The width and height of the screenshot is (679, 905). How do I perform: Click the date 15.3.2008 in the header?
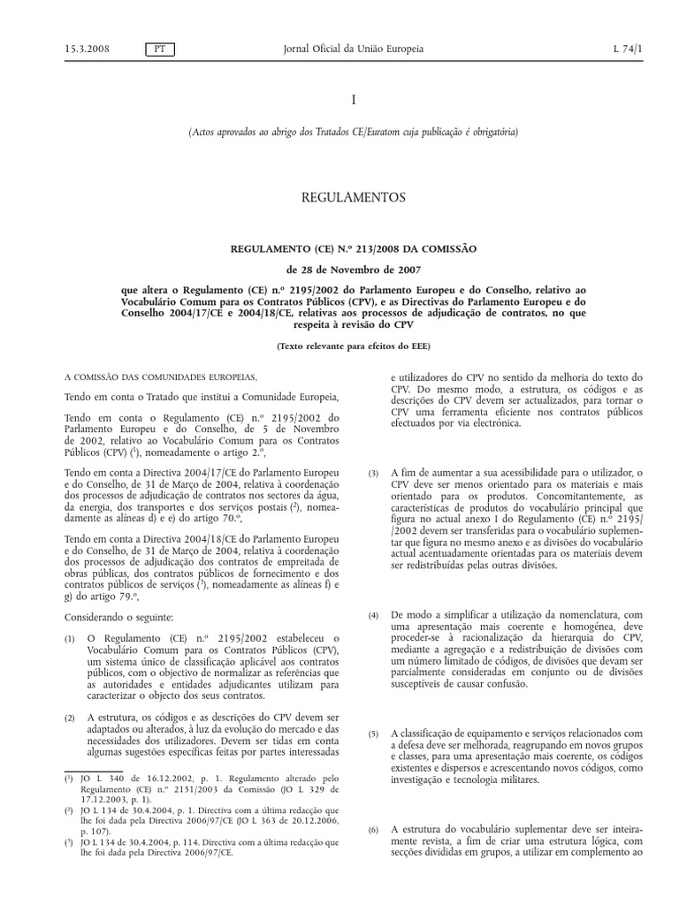click(x=85, y=49)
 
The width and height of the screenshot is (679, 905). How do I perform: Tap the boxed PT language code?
click(x=160, y=49)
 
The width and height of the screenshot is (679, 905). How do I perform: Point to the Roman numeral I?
click(x=353, y=102)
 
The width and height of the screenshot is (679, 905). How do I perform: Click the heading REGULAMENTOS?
click(x=353, y=197)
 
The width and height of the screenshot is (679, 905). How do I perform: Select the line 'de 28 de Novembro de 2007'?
click(x=353, y=270)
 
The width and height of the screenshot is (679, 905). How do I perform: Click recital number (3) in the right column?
click(x=373, y=475)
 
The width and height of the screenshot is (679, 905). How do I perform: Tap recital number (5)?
click(x=373, y=733)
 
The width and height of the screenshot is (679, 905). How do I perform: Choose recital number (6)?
click(x=373, y=830)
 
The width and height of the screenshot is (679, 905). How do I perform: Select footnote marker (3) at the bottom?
click(x=69, y=842)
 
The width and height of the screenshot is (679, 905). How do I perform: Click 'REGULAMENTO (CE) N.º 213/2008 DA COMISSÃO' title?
click(x=353, y=249)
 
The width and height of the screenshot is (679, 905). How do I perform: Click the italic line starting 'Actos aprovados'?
click(x=353, y=133)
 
